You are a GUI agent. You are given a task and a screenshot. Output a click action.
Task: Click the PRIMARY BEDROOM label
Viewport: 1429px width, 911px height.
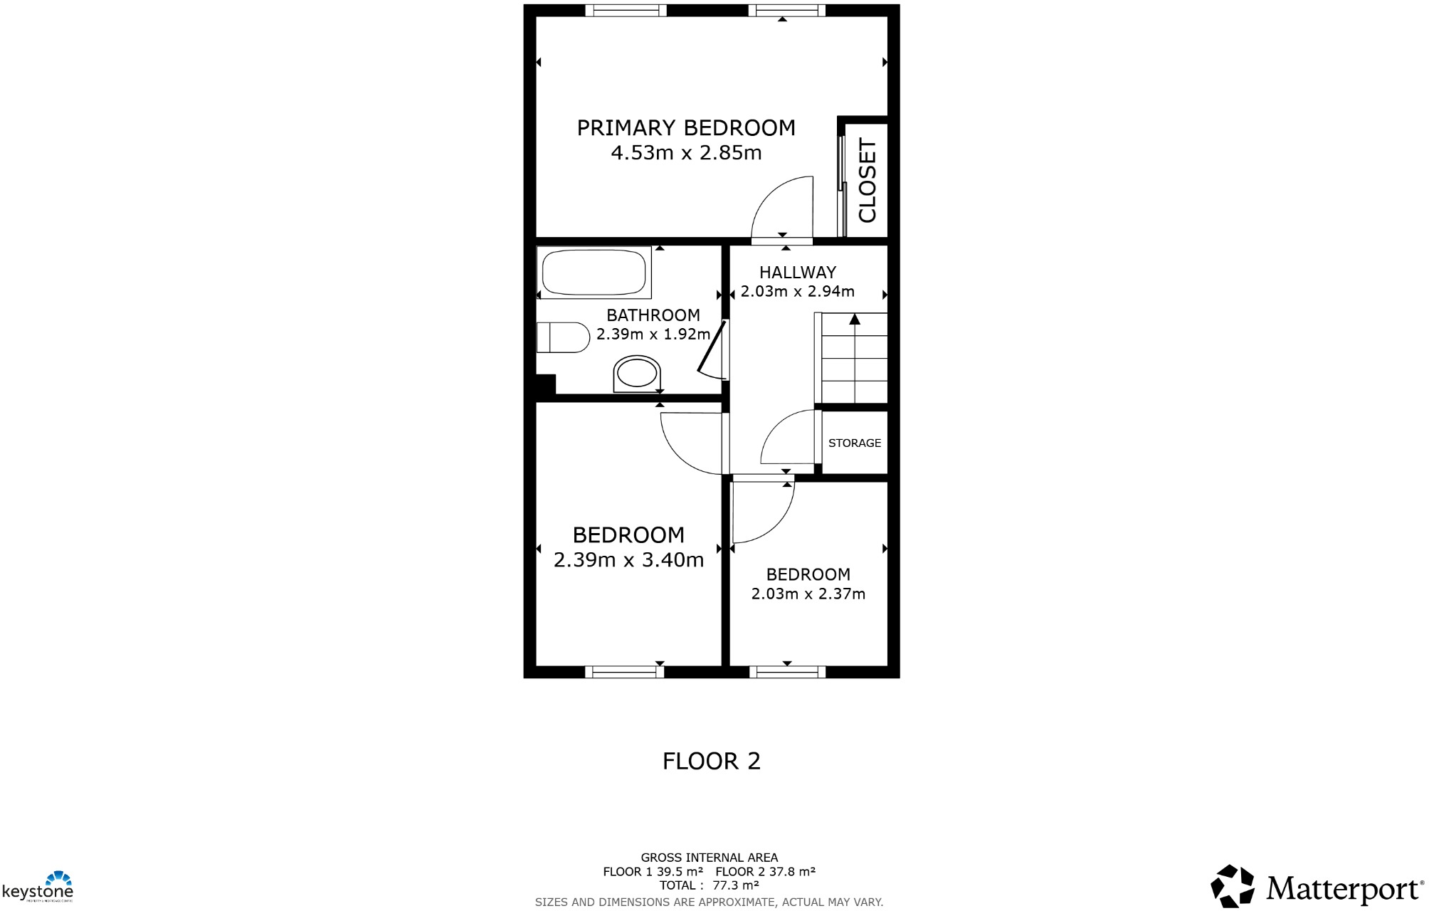[x=685, y=128]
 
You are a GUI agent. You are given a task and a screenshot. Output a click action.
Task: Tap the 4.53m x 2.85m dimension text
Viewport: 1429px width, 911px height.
[x=685, y=153]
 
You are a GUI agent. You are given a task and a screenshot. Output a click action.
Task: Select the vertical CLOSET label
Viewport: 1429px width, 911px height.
[x=867, y=180]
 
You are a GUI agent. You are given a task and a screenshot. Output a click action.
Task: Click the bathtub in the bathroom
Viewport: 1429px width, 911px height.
[x=594, y=272]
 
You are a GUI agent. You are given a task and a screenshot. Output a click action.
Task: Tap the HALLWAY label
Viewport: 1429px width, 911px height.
[x=797, y=273]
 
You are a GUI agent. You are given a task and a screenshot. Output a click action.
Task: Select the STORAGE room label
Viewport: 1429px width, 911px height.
[x=854, y=443]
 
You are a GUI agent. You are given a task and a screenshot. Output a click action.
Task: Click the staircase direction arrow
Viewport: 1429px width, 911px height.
[x=855, y=320]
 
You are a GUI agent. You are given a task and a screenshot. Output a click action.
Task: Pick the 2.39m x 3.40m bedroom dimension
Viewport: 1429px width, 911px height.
[x=628, y=560]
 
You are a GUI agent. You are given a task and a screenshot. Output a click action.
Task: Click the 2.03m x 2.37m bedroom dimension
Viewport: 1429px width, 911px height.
[x=808, y=594]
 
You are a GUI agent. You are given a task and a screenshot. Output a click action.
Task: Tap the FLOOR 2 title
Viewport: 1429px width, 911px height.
[x=711, y=761]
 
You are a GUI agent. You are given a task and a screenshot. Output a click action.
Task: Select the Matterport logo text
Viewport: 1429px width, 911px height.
[x=1342, y=889]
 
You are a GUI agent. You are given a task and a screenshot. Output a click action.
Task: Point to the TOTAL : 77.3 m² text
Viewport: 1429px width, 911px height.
[x=709, y=885]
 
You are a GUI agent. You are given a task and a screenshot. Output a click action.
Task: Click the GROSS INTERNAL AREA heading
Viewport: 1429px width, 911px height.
[x=709, y=858]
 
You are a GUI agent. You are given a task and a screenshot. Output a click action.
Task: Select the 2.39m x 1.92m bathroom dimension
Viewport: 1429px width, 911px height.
[x=653, y=334]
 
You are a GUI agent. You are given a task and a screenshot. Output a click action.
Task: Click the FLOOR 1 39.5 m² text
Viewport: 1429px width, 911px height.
[x=653, y=872]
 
